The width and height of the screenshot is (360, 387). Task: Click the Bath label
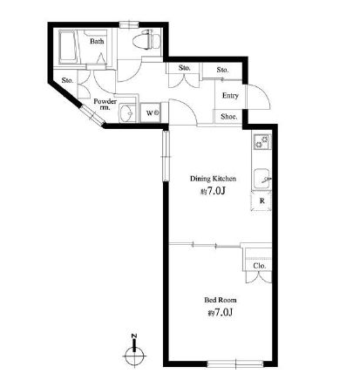tap(97, 41)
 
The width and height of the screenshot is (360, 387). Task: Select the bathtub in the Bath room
tap(68, 47)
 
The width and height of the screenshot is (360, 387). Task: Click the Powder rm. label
tap(105, 104)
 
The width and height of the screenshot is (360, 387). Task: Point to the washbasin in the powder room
tap(126, 112)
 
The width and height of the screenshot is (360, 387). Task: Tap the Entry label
tap(230, 96)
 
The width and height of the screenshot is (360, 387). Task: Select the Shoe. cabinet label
tap(229, 117)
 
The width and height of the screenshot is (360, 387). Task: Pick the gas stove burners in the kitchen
tap(262, 141)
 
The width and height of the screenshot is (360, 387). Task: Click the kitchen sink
tap(262, 179)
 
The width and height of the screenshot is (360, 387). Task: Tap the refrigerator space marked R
tap(262, 200)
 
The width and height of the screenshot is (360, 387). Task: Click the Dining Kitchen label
tap(213, 179)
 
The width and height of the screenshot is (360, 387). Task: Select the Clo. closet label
tap(259, 266)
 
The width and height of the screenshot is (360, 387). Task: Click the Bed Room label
tap(221, 300)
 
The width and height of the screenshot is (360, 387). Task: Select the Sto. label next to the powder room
tap(67, 80)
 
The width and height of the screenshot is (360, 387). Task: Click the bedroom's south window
tap(235, 363)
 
